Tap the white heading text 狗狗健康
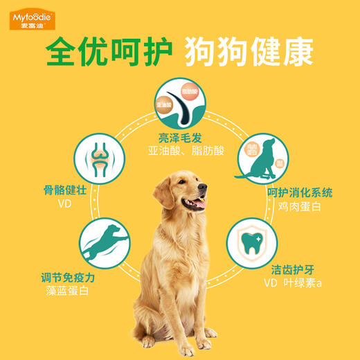click(252, 51)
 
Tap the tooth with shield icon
click(253, 244)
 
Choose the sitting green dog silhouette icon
click(260, 160)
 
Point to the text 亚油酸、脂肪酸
click(179, 150)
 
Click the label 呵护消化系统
click(300, 192)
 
